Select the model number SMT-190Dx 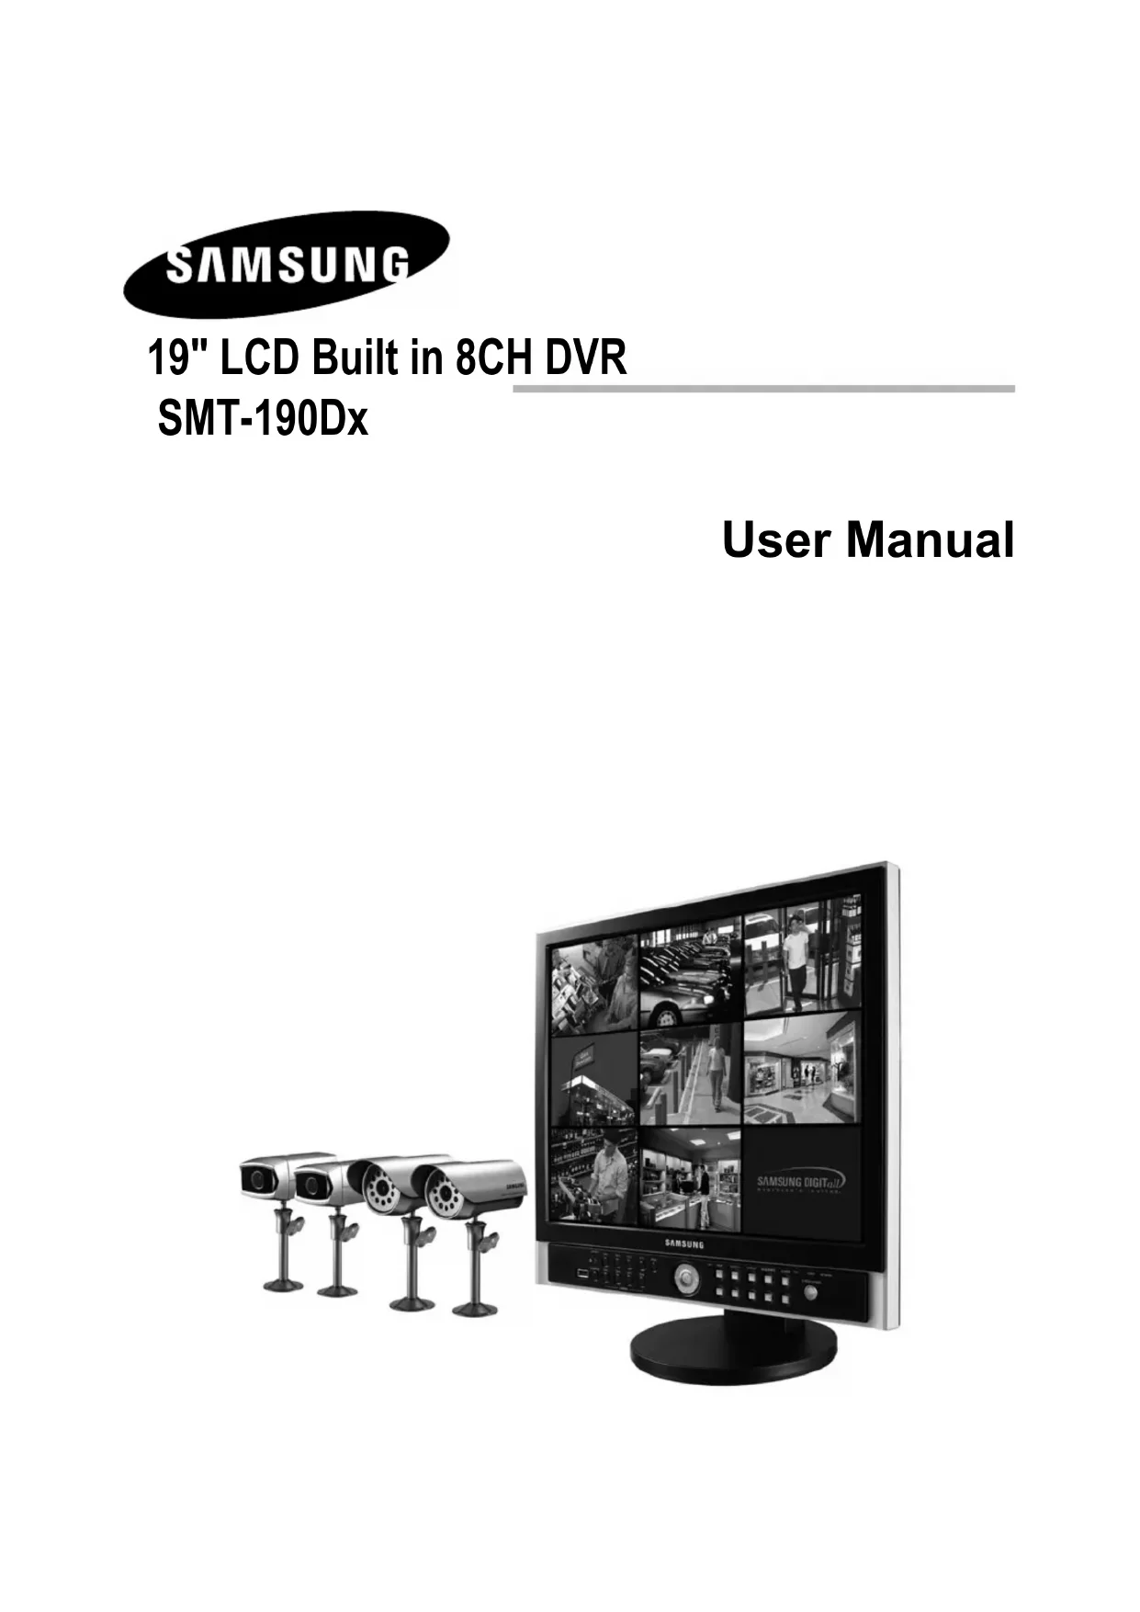(263, 422)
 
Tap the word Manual (930, 540)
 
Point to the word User (775, 540)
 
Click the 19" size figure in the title (178, 358)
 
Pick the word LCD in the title (260, 358)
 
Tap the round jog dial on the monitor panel (685, 1277)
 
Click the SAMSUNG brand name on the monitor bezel (683, 1244)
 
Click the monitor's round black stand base (733, 1354)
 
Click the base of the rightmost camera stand (477, 1307)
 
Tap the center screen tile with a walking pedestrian (690, 1076)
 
